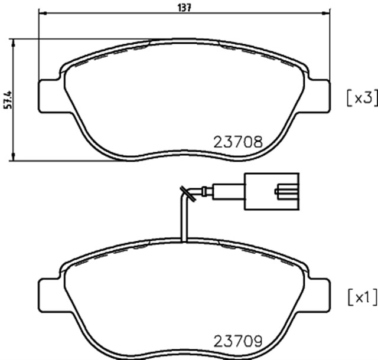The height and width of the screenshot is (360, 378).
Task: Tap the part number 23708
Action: [x=237, y=142]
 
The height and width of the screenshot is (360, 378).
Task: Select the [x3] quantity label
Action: [x=361, y=98]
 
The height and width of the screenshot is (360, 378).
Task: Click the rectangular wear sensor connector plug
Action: [x=272, y=190]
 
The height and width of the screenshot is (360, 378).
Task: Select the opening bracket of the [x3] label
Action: [x=349, y=98]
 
